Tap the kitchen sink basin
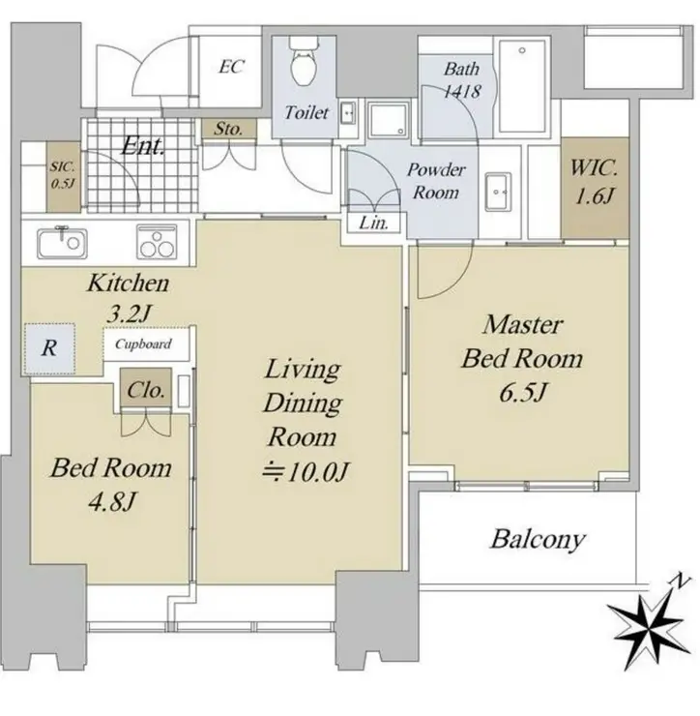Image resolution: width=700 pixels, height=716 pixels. tap(62, 242)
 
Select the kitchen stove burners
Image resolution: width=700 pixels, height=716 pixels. tap(157, 242)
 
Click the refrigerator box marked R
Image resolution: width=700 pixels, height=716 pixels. tap(49, 348)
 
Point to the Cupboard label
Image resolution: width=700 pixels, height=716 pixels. tap(143, 343)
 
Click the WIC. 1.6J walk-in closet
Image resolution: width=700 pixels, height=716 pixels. tap(595, 188)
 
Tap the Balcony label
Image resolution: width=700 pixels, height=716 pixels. tap(538, 539)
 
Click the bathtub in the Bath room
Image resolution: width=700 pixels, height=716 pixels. tap(522, 86)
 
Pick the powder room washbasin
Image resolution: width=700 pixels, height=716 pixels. tap(497, 192)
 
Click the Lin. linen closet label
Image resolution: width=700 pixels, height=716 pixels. tap(373, 223)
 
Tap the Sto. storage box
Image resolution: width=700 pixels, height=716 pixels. tap(229, 130)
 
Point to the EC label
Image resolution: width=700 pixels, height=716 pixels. tap(231, 67)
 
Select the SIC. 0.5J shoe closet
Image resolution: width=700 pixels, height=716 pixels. tap(64, 176)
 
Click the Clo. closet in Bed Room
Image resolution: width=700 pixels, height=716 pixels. tap(146, 388)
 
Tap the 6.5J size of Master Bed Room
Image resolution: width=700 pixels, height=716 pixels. tap(522, 393)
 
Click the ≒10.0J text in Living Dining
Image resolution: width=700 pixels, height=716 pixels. tap(305, 472)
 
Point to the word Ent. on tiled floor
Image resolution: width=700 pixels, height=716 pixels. tap(142, 146)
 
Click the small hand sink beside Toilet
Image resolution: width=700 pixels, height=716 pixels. tap(348, 112)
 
